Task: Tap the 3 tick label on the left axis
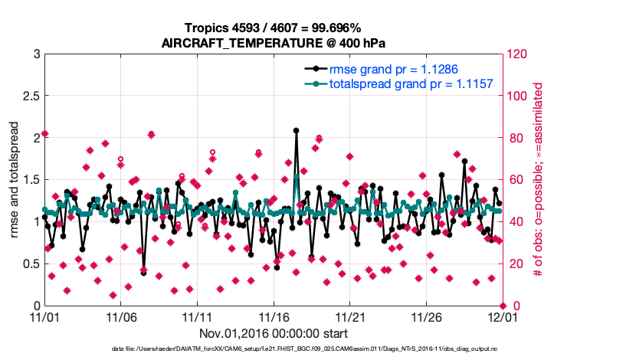click(37, 54)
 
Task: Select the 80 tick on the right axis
click(515, 138)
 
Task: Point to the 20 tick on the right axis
click(515, 264)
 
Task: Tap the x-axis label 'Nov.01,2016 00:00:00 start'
click(274, 333)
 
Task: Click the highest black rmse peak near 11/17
click(296, 131)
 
